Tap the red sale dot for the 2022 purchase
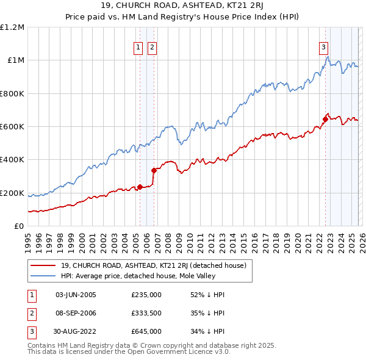325,119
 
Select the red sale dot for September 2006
154,170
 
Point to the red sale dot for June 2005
140,187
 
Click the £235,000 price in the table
146,295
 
